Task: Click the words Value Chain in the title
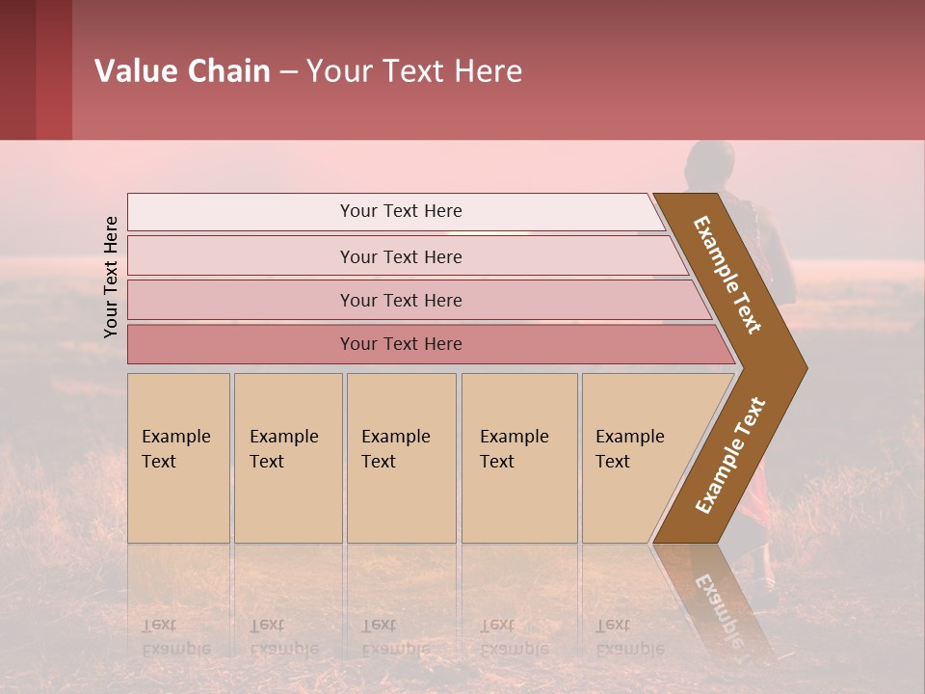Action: [182, 71]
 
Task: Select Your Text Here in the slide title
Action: [414, 71]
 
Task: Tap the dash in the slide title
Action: [288, 72]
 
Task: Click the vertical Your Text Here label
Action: [111, 277]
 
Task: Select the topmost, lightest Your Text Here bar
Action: [401, 211]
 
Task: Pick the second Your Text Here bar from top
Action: [401, 256]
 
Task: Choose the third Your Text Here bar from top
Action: [401, 300]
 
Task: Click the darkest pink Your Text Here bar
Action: [401, 344]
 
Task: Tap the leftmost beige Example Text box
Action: [178, 457]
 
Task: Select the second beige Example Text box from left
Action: [287, 457]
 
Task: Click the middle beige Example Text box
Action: [401, 457]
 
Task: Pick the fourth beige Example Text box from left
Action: [518, 457]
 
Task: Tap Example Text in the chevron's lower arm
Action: [730, 455]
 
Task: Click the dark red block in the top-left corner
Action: [36, 69]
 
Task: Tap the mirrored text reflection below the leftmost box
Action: [175, 637]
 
